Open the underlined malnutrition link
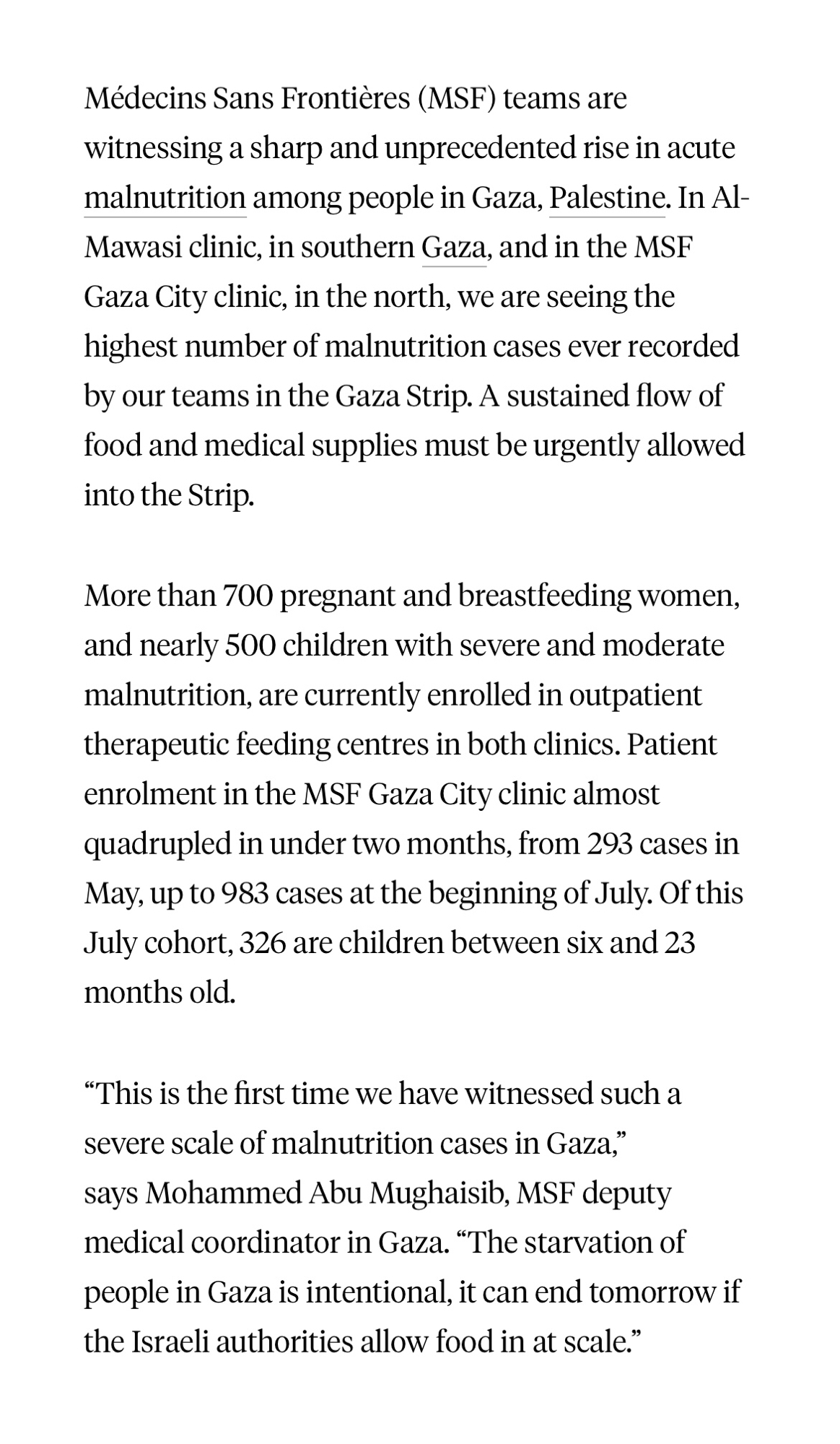[x=165, y=198]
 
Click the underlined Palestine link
[x=606, y=198]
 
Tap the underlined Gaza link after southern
[x=453, y=248]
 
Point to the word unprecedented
[x=481, y=148]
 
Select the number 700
[x=247, y=596]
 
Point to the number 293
[x=610, y=844]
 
